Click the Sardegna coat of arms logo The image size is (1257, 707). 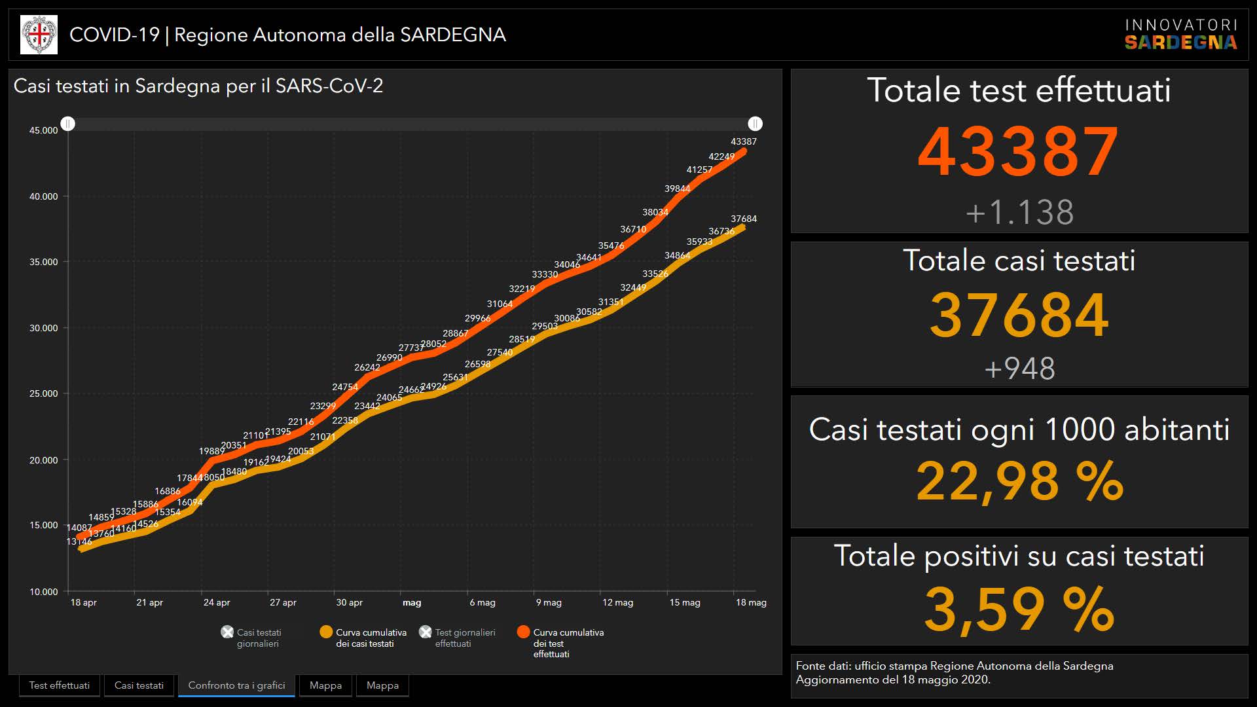point(39,35)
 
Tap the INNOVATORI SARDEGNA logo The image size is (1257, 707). point(1180,35)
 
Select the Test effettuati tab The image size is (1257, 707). point(60,685)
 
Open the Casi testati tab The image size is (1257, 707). point(139,685)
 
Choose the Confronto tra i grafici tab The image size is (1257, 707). point(236,685)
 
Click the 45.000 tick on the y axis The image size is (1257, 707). point(43,130)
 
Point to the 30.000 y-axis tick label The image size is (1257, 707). point(43,328)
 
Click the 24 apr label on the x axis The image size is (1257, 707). point(217,602)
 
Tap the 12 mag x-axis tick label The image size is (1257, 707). point(617,602)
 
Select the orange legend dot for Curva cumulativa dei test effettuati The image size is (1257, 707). point(523,632)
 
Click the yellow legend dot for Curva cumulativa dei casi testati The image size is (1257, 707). point(325,632)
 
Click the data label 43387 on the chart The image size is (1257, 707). point(743,141)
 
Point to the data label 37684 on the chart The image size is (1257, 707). point(743,219)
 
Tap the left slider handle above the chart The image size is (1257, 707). point(68,124)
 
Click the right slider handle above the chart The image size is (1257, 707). point(755,124)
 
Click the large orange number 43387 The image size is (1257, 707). point(1018,152)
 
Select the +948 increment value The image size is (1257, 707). point(1019,369)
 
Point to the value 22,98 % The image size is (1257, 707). point(1019,482)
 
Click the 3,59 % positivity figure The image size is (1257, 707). point(1019,609)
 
